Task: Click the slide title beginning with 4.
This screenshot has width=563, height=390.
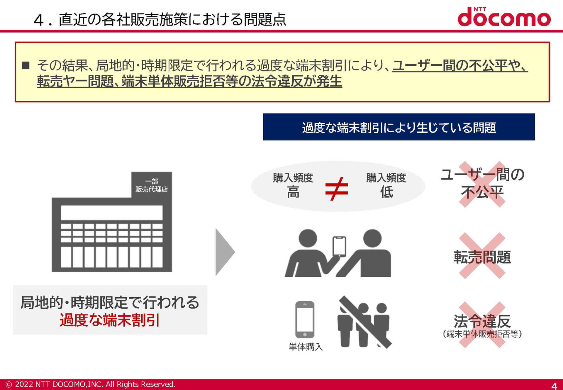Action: [160, 19]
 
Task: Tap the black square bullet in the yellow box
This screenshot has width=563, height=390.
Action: [26, 65]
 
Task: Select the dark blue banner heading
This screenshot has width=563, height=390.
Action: [399, 127]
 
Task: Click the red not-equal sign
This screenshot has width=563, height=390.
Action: [337, 189]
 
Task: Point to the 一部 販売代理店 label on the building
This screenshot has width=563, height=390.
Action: [152, 185]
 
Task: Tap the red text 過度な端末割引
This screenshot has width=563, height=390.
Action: [110, 320]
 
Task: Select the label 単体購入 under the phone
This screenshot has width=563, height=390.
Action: [306, 347]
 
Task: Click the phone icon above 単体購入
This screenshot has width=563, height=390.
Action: [305, 320]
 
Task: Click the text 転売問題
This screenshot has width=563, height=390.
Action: [482, 257]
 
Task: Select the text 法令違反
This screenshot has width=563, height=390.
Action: [482, 321]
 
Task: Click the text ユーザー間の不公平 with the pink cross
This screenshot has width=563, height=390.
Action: [482, 183]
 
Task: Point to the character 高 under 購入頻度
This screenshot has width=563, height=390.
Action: [293, 193]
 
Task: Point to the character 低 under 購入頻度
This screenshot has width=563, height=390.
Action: [386, 193]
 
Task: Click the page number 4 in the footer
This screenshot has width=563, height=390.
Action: [554, 385]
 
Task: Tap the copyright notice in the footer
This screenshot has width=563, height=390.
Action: [91, 384]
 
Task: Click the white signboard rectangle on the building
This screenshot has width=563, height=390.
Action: [112, 213]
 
